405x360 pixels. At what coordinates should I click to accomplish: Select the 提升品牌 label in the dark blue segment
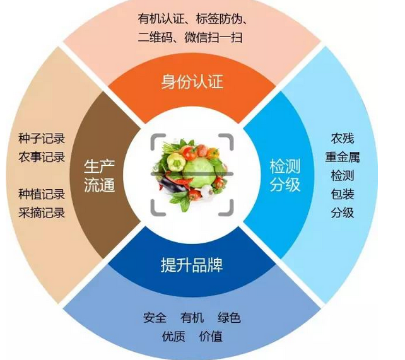click(192, 265)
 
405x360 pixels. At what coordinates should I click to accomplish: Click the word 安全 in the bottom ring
click(155, 318)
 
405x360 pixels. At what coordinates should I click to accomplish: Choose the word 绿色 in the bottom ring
click(229, 318)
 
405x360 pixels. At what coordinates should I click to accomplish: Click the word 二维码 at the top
click(156, 37)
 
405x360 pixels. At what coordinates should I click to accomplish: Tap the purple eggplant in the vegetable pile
click(170, 185)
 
